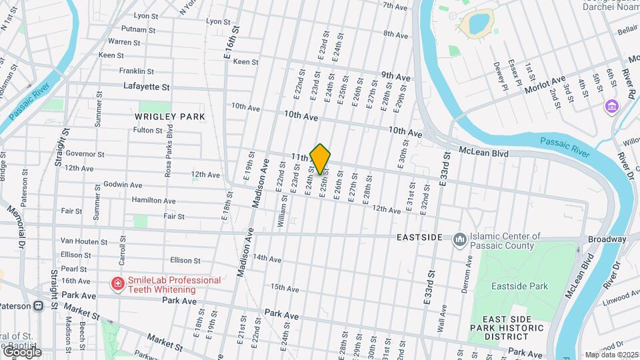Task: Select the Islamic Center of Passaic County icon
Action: [459, 239]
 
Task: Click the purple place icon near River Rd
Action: [611, 107]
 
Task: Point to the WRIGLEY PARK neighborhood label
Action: [169, 117]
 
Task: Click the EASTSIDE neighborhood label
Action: [419, 237]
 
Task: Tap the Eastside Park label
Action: [519, 287]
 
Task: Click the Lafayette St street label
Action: [147, 87]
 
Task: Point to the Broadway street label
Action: [607, 239]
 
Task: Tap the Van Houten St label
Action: [84, 241]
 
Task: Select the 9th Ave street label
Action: [395, 77]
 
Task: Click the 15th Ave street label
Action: [284, 288]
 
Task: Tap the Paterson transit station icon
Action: [39, 306]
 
